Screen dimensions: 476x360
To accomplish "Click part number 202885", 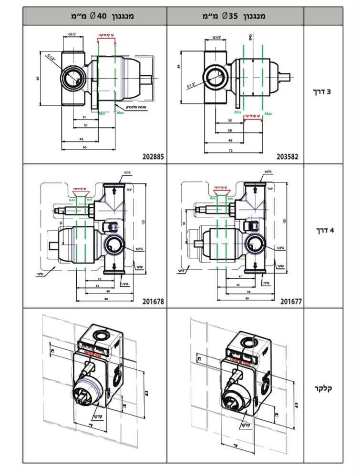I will coord(153,156).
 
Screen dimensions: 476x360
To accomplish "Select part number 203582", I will coord(289,156).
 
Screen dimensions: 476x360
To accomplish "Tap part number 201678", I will coord(153,301).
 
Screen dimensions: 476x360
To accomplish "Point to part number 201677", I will coord(291,301).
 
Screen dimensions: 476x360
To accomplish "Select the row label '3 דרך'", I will coord(323,90).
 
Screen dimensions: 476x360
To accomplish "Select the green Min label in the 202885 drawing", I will coord(102,113).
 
